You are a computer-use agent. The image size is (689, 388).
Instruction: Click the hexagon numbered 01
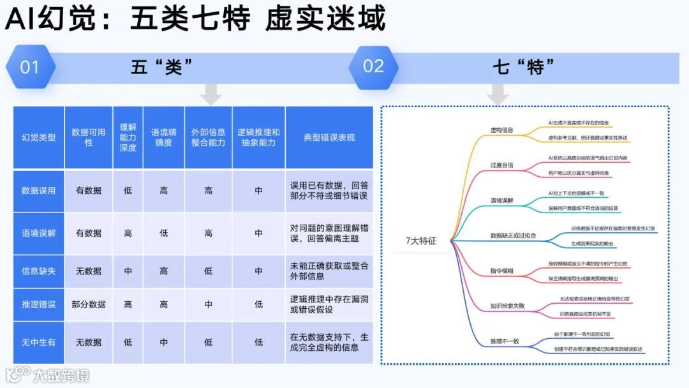click(30, 67)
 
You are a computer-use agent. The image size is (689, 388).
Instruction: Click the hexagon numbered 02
click(373, 66)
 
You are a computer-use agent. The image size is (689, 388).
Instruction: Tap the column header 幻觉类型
click(38, 137)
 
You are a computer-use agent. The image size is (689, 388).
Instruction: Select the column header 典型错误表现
click(329, 137)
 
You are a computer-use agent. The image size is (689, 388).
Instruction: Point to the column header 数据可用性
click(89, 137)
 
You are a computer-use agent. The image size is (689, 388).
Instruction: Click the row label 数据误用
click(38, 190)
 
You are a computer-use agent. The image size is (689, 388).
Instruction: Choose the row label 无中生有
click(38, 342)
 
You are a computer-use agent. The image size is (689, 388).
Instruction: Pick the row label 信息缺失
click(38, 271)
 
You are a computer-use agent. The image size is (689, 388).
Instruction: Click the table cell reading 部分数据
click(89, 304)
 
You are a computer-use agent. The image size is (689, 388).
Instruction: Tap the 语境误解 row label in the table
click(38, 233)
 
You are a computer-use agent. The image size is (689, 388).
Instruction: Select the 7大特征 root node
click(421, 241)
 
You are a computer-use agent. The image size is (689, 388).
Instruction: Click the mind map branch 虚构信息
click(501, 130)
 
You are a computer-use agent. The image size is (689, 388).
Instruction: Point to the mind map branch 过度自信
click(501, 165)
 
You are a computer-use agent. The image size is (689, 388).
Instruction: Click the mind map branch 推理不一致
click(504, 341)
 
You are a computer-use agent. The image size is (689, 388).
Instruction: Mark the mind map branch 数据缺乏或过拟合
click(513, 235)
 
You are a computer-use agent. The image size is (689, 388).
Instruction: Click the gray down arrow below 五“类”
click(211, 95)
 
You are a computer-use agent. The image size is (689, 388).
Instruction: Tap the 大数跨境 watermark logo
click(48, 375)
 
